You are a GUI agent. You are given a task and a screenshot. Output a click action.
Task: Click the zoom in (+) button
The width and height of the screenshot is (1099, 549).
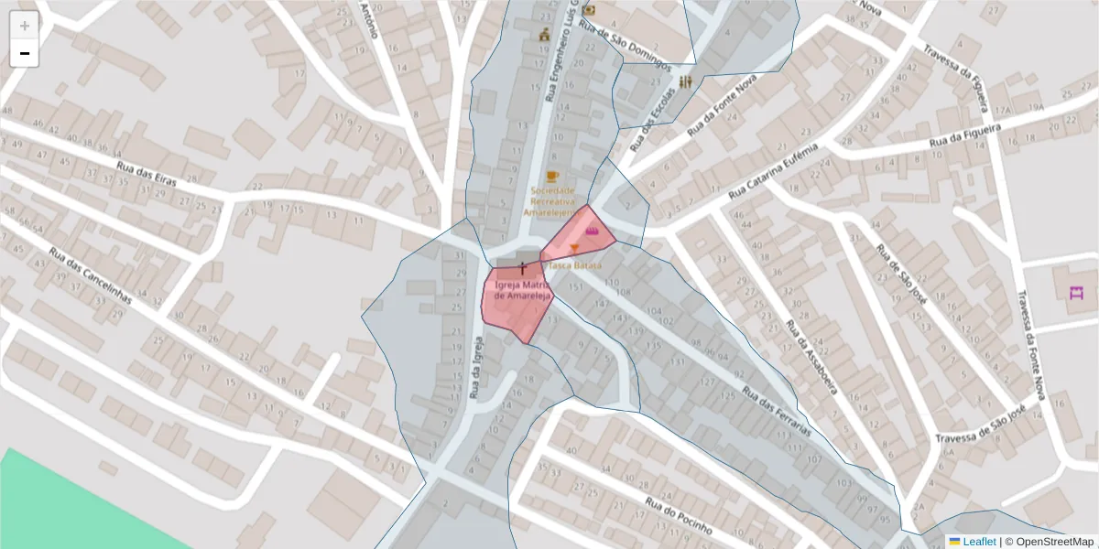(x=25, y=26)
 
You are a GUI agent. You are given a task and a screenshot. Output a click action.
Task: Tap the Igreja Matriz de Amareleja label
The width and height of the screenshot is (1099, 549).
(x=523, y=291)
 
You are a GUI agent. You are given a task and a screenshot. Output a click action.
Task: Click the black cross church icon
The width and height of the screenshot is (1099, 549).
(x=523, y=268)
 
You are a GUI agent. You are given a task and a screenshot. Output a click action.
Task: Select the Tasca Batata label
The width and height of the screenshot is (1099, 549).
(x=575, y=265)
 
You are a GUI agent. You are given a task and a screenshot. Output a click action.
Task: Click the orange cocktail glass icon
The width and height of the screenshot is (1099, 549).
(x=574, y=249)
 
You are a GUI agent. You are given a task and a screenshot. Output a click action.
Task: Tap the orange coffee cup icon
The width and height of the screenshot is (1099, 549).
(x=551, y=176)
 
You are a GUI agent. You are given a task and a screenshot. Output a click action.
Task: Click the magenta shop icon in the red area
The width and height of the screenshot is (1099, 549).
(x=593, y=231)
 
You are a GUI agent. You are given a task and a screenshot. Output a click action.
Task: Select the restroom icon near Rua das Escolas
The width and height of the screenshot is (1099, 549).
(x=686, y=81)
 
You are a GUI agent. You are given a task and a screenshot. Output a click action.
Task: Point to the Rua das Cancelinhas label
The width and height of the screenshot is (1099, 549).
(x=92, y=277)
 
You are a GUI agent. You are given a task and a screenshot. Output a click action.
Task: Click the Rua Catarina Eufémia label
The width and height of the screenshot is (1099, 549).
(x=772, y=171)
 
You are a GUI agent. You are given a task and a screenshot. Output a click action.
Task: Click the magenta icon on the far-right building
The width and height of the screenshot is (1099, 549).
(x=1076, y=293)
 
